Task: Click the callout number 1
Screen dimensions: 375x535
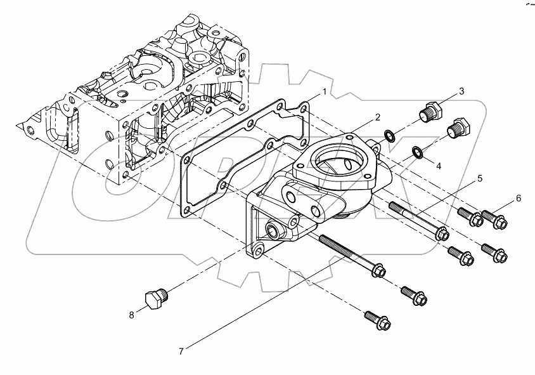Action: click(324, 92)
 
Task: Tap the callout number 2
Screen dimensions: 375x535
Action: click(377, 117)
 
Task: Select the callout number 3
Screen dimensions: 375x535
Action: click(461, 91)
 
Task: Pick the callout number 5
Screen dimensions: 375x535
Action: click(479, 179)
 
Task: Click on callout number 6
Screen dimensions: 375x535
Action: click(518, 199)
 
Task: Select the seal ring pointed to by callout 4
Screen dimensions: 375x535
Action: click(417, 151)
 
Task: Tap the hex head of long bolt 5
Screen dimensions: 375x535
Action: click(442, 234)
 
